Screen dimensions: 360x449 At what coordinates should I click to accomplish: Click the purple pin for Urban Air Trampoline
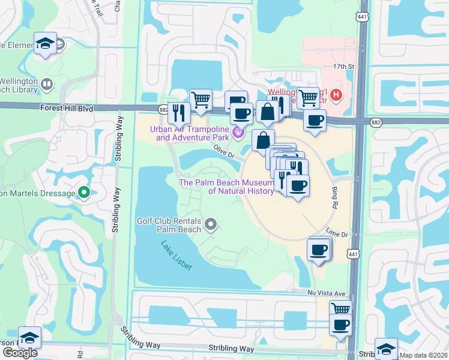click(239, 133)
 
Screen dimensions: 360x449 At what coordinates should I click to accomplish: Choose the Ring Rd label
click(335, 196)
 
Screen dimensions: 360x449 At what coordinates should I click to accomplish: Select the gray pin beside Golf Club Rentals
click(211, 225)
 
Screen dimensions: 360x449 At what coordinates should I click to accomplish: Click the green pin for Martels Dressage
click(84, 193)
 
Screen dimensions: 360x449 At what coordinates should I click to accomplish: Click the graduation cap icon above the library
click(46, 43)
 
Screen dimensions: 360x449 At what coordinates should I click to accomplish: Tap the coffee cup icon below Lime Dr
click(318, 250)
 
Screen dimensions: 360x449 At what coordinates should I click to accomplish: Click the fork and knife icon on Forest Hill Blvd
click(179, 113)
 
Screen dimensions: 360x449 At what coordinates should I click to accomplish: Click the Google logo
click(20, 353)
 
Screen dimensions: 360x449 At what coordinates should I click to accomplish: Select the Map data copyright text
click(423, 355)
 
